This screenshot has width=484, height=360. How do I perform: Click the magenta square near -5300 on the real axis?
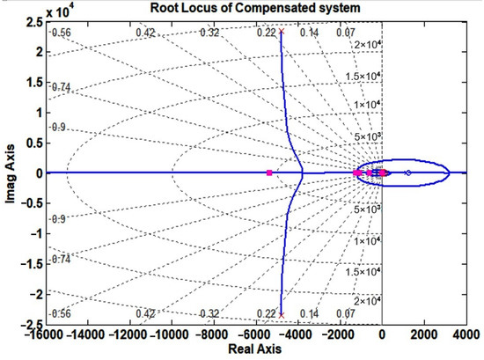pos(269,173)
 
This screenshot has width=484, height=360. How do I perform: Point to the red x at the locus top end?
pos(282,33)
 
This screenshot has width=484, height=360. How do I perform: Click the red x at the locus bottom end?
pos(282,313)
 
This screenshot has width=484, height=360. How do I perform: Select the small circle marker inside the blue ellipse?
pos(407,173)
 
